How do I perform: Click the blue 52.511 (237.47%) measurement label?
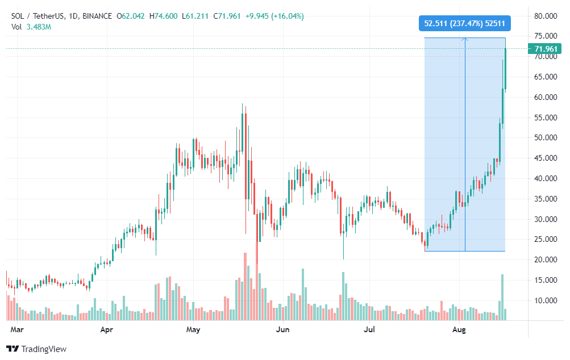coord(464,24)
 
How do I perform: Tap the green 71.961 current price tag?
coord(545,49)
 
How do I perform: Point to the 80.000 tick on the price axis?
coord(546,16)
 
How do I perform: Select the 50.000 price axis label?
coord(546,137)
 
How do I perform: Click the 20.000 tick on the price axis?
coord(546,259)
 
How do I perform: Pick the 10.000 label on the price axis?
coord(546,300)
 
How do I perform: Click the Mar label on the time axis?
coord(16,329)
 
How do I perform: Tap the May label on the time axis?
coord(193,329)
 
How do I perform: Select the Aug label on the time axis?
coord(459,329)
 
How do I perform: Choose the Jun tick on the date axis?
coord(282,329)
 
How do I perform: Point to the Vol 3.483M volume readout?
coord(31,27)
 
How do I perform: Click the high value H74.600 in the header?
coord(163,16)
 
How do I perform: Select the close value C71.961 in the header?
coord(227,16)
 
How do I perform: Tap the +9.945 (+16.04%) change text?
coord(274,16)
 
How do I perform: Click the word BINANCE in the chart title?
coord(97,16)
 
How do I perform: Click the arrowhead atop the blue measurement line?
coord(465,39)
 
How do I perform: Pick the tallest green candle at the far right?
coord(505,69)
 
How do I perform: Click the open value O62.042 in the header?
coord(131,16)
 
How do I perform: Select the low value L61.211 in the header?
coord(195,16)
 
